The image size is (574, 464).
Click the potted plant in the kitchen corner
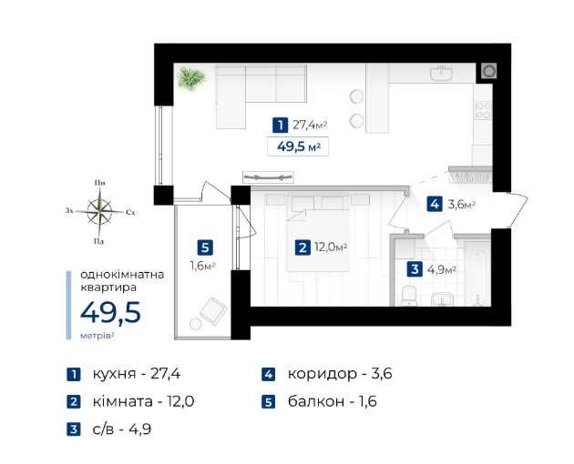190,78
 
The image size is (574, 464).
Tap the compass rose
99,211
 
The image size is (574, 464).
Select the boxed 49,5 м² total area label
298,146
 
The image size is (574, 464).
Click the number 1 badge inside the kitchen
280,125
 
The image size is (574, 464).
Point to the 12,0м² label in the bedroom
331,247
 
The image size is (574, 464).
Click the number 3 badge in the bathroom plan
415,269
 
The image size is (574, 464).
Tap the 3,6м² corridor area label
461,204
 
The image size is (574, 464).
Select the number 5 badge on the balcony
205,247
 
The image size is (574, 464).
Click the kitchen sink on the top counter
442,73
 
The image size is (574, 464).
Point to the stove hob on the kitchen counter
483,110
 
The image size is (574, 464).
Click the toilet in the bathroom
408,296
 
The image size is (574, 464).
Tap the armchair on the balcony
213,310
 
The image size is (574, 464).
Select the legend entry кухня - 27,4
136,374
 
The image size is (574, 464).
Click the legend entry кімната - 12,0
144,402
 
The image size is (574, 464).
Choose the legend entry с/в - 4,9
122,429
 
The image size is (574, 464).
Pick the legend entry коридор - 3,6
340,374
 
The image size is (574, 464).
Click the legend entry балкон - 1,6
333,402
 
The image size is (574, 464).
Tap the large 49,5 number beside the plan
110,313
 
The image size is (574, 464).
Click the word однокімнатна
122,275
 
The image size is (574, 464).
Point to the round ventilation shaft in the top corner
488,71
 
